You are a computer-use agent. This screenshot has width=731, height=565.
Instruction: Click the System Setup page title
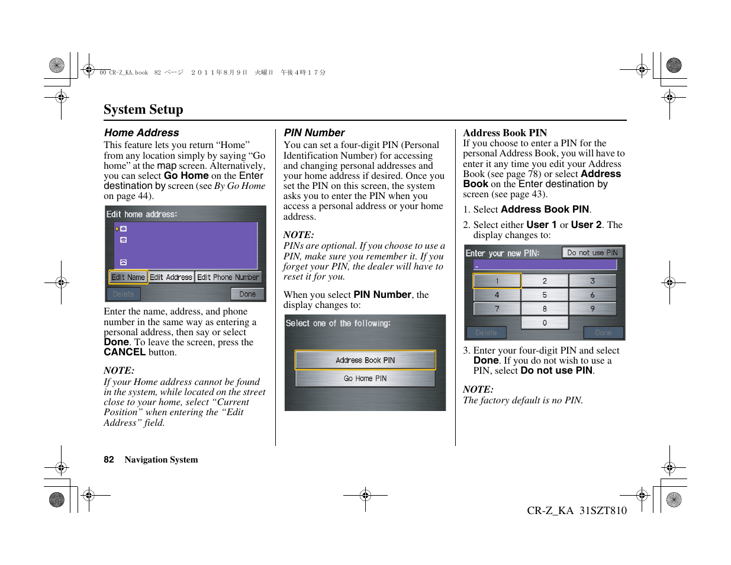[x=143, y=110]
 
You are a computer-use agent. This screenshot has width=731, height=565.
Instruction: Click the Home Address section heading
[x=141, y=133]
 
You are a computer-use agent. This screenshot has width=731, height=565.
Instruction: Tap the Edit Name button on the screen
[x=128, y=277]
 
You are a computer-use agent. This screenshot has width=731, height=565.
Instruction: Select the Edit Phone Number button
[x=228, y=277]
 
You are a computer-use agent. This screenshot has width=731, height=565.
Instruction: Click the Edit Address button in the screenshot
[x=171, y=277]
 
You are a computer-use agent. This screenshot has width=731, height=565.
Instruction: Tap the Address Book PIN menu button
[x=365, y=360]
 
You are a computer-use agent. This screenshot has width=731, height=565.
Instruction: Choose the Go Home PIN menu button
[x=365, y=378]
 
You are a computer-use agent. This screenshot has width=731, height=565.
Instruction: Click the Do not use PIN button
[x=592, y=253]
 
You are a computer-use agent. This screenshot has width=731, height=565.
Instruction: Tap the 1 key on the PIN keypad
[x=497, y=281]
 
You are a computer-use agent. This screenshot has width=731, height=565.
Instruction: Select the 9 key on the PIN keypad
[x=592, y=309]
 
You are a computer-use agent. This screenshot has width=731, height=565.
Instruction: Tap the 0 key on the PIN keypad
[x=545, y=323]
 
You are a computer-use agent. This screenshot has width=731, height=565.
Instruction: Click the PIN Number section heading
[x=314, y=133]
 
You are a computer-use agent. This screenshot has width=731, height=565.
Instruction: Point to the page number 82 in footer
[x=109, y=460]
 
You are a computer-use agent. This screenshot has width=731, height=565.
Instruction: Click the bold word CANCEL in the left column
[x=124, y=352]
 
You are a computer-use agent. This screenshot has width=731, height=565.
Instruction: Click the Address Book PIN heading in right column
[x=505, y=133]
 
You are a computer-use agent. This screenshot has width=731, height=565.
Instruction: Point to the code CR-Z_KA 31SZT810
[x=577, y=511]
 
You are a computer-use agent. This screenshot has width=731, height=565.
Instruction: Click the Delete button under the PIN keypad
[x=486, y=333]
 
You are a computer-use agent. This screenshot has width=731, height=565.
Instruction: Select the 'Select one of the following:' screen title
[x=338, y=323]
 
